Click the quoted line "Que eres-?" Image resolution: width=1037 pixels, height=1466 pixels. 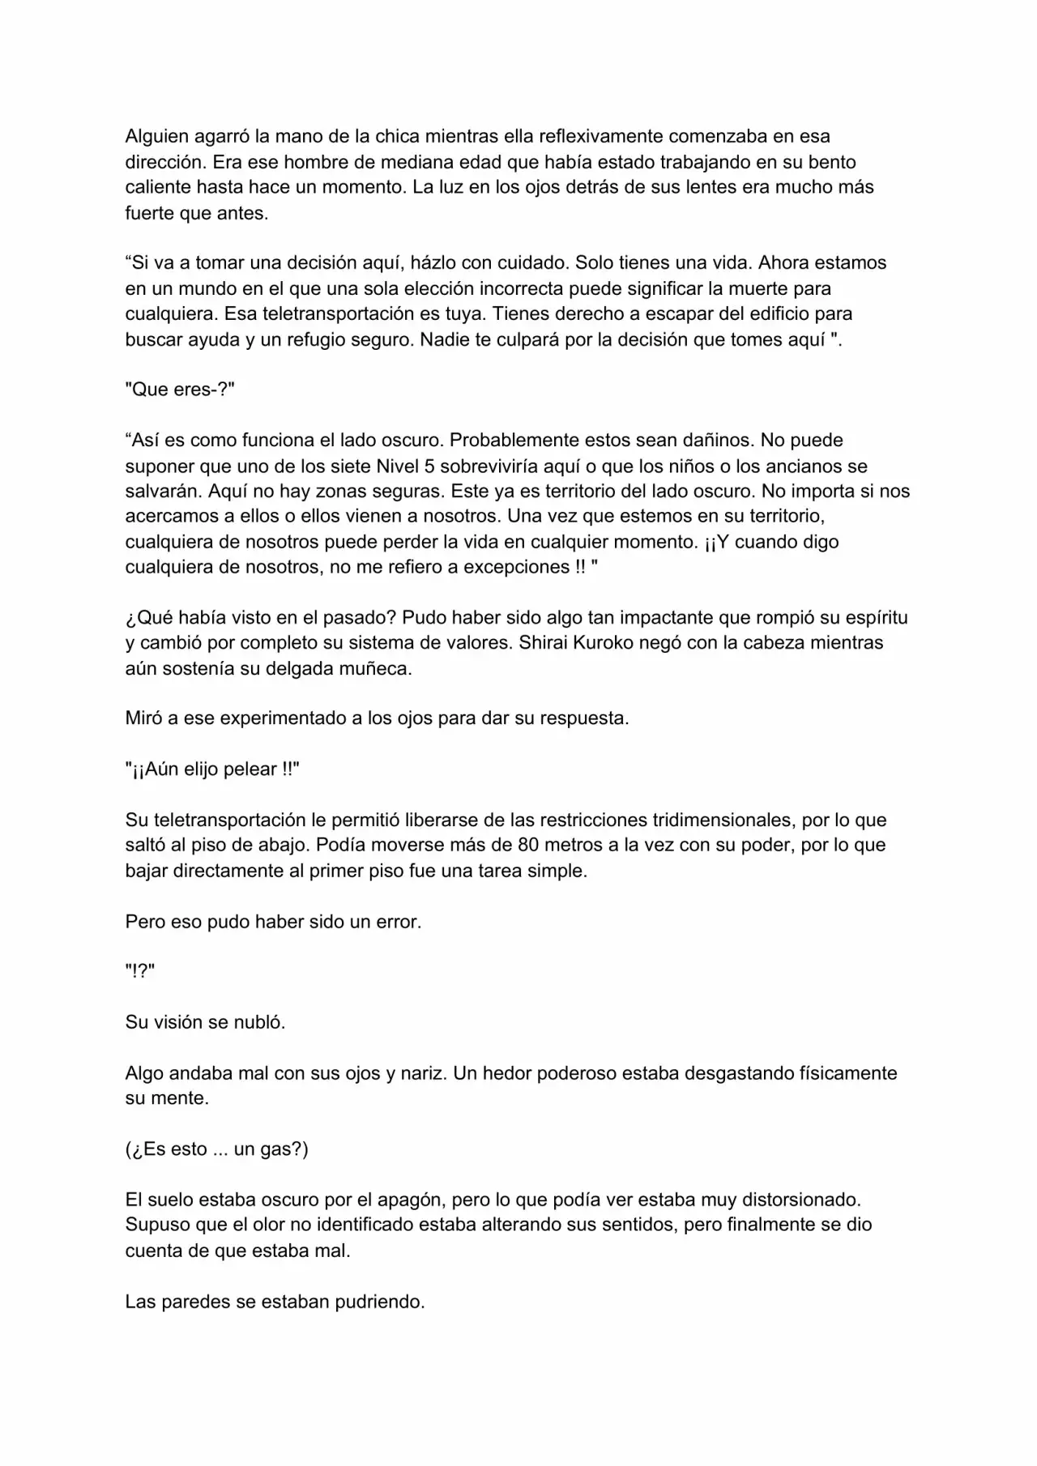click(180, 390)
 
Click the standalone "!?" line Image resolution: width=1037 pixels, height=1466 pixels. click(140, 972)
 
